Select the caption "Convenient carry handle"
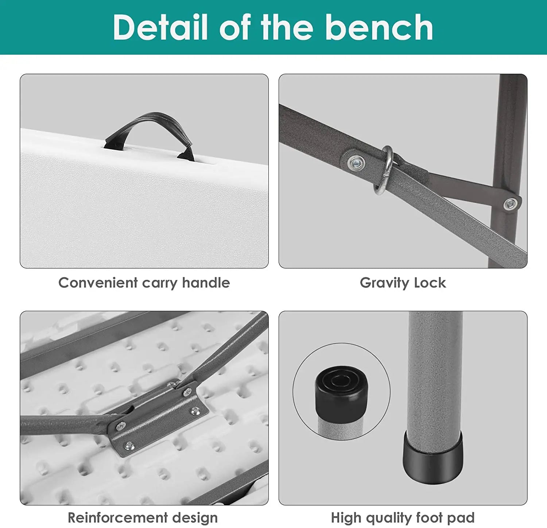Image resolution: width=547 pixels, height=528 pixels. (x=144, y=283)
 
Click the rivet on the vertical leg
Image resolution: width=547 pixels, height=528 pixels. (x=510, y=204)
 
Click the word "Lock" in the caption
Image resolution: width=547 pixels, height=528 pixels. (x=430, y=283)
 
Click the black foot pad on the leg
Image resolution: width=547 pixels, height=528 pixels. (x=433, y=458)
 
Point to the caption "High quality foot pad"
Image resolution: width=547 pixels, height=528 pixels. (x=403, y=518)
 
